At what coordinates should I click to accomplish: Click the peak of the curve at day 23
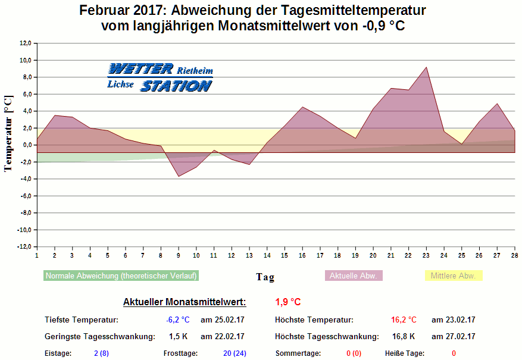pos(426,67)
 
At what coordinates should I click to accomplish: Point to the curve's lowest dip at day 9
pos(178,176)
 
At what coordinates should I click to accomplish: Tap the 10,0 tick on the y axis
pos(26,60)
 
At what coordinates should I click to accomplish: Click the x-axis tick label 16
pos(302,256)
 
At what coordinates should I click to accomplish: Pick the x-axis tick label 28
pos(514,256)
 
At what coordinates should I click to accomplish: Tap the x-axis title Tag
pos(265,277)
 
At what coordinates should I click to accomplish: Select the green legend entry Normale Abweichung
pos(121,276)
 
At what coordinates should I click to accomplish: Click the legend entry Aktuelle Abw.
pos(354,276)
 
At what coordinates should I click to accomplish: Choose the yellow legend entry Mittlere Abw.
pos(453,276)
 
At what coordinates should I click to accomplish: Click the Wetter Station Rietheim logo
pos(160,78)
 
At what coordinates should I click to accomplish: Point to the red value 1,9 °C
pos(288,302)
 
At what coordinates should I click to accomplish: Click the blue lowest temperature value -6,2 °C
pos(177,320)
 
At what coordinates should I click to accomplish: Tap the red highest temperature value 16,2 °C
pos(404,320)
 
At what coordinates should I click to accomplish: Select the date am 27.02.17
pos(454,337)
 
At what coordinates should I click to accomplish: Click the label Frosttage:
pos(181,353)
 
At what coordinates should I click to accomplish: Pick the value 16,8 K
pos(404,337)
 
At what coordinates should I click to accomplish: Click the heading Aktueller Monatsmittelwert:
pos(184,302)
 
